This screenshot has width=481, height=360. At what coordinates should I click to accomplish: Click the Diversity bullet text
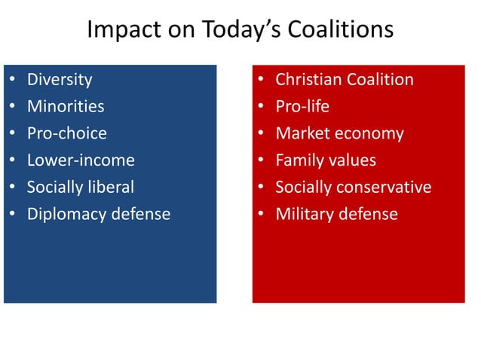pos(60,79)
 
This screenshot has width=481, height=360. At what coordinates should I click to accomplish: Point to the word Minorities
pos(66,106)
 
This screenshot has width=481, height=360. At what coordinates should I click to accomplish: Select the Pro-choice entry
pos(67,133)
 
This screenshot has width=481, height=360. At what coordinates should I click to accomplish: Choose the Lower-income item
pos(81,160)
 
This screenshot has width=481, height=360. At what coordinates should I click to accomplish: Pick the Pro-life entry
pos(302,106)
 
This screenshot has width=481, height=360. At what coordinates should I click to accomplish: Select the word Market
pos(302,133)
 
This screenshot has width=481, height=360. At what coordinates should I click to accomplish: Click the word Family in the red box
pos(299,160)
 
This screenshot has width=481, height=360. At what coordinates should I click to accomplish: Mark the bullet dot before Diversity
pos(11,80)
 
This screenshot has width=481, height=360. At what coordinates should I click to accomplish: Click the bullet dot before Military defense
pos(259,215)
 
